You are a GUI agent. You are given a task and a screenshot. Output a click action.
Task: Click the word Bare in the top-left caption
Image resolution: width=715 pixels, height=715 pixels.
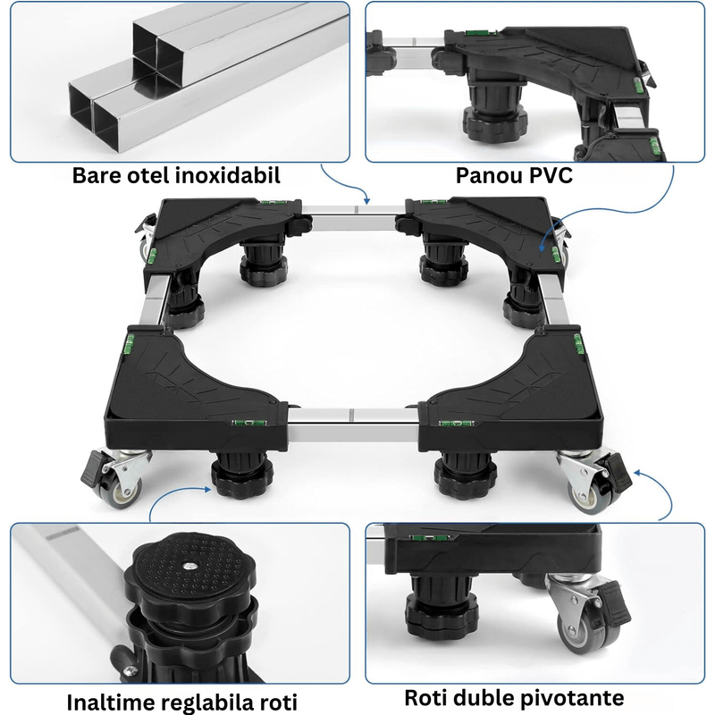click(x=102, y=175)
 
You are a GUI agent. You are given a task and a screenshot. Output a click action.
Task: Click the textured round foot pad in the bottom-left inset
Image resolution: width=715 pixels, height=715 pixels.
click(x=190, y=572)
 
